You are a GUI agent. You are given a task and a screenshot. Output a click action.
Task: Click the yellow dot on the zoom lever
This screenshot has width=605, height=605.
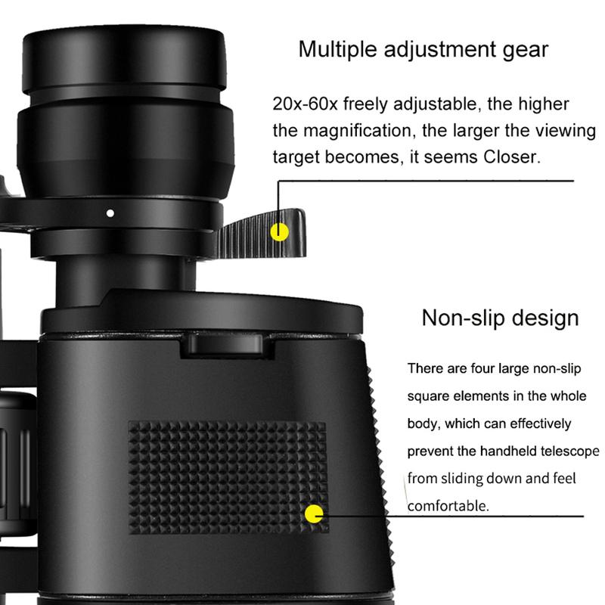281,231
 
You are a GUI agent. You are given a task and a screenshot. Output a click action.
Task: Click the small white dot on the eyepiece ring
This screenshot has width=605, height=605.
110,213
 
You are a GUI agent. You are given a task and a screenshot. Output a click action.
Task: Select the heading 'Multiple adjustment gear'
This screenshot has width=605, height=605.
423,50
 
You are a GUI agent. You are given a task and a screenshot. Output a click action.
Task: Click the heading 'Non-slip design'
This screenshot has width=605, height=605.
500,317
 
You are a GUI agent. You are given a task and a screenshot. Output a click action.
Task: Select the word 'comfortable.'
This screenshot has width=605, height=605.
448,505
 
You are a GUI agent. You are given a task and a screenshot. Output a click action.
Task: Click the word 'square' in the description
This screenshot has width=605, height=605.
428,396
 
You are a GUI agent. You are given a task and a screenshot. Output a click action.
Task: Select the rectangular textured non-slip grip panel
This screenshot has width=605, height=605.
227,476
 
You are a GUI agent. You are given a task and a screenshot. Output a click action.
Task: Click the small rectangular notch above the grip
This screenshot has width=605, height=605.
225,345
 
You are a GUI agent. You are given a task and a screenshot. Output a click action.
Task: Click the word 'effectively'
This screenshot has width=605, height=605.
530,423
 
